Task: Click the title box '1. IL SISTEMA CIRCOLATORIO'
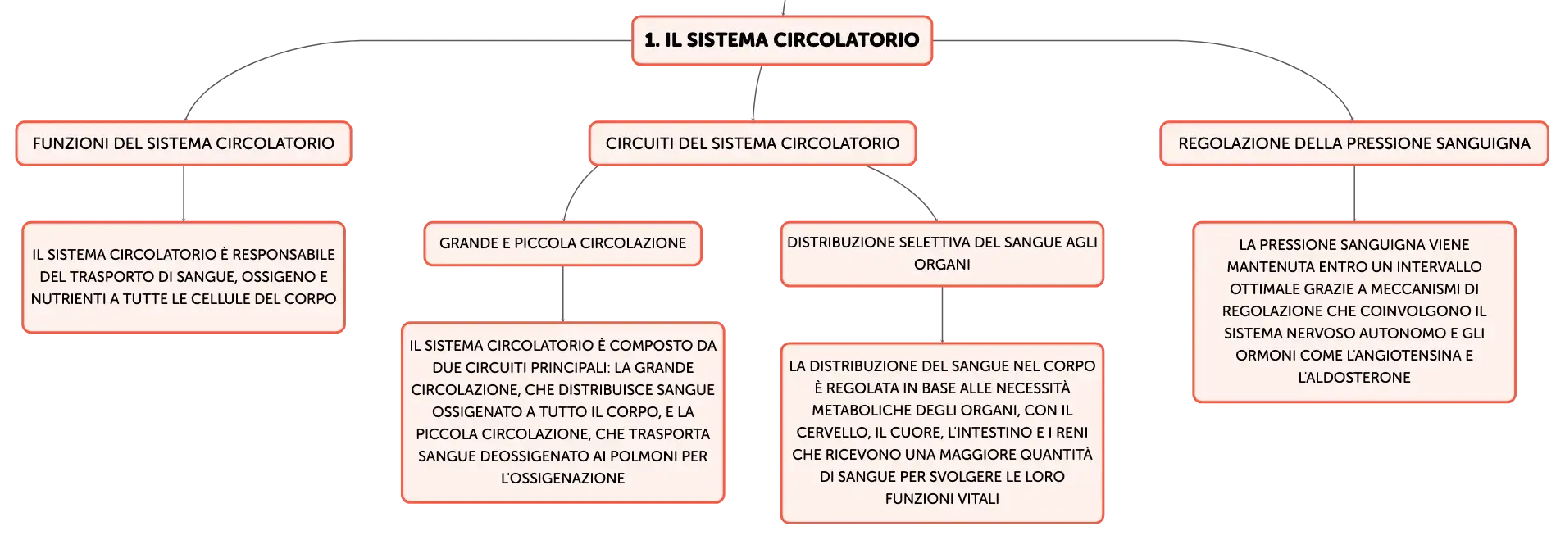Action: tap(782, 40)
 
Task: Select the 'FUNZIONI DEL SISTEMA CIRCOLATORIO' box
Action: tap(184, 143)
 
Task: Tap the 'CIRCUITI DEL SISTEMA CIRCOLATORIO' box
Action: tap(753, 143)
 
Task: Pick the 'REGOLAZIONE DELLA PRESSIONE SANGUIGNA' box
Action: tap(1354, 143)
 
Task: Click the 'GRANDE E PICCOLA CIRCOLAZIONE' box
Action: tap(563, 243)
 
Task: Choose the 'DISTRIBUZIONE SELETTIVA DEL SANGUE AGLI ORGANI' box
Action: tap(942, 253)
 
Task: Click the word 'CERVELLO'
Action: tap(831, 433)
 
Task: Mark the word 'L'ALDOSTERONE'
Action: tap(1354, 378)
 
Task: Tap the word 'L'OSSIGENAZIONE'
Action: tap(563, 479)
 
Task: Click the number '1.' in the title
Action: tap(652, 40)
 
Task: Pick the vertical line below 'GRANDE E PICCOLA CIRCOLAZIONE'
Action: tap(563, 293)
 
